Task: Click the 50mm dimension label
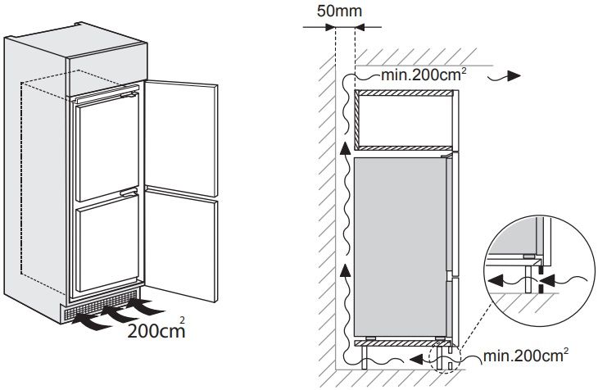tap(339, 11)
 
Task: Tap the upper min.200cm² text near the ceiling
tap(424, 75)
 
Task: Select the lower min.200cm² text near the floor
tap(526, 356)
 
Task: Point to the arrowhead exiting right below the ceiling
tap(514, 76)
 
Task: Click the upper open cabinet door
tap(181, 138)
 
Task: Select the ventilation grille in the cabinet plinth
tap(102, 306)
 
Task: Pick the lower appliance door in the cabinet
tap(107, 244)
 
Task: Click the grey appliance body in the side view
tap(400, 247)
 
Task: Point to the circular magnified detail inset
tap(539, 270)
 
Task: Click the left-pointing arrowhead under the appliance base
tap(417, 359)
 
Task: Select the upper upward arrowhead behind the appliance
tap(345, 149)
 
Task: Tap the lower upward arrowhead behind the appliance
tap(345, 270)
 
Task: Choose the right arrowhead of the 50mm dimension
tap(360, 27)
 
